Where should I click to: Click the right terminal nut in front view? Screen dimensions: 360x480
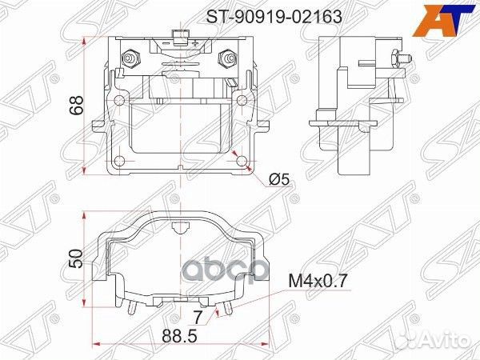coord(228,59)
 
